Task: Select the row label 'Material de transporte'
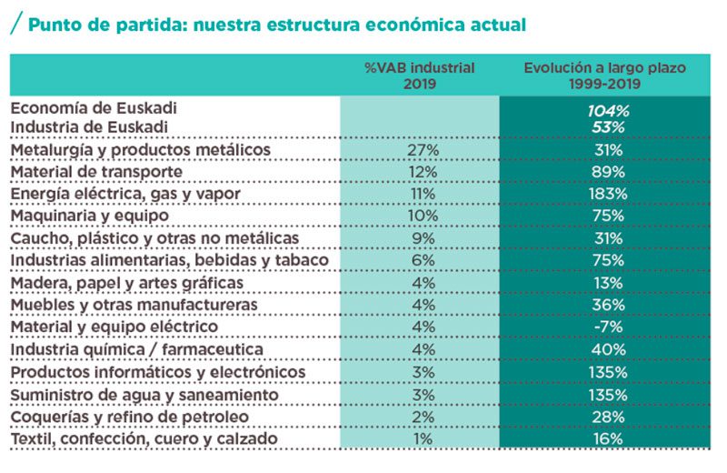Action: pyautogui.click(x=97, y=172)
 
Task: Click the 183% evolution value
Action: pyautogui.click(x=608, y=194)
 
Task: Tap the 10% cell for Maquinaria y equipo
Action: pyautogui.click(x=421, y=216)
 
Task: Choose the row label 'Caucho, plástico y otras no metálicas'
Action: pyautogui.click(x=154, y=238)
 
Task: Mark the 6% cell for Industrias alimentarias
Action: pyautogui.click(x=421, y=261)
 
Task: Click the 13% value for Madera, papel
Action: pyautogui.click(x=608, y=283)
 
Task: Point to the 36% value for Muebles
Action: pyautogui.click(x=608, y=305)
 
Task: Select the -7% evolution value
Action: pyautogui.click(x=608, y=327)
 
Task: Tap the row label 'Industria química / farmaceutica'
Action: pyautogui.click(x=137, y=349)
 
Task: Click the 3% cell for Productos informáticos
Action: pyautogui.click(x=421, y=372)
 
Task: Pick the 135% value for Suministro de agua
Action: pyautogui.click(x=608, y=395)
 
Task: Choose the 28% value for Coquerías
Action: pyautogui.click(x=608, y=417)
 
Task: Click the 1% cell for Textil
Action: pyautogui.click(x=421, y=439)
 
